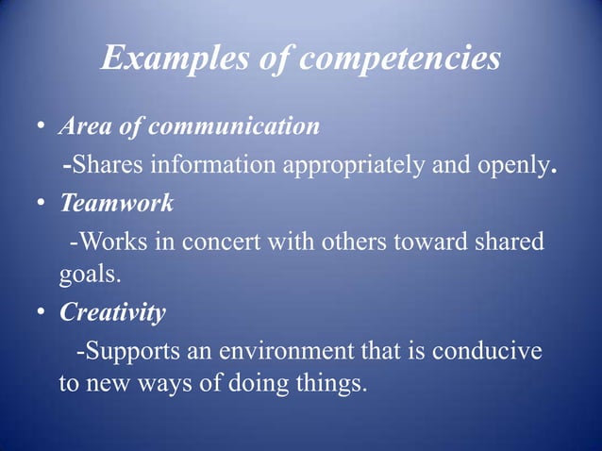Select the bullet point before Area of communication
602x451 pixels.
click(x=42, y=126)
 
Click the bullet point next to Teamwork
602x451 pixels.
click(x=42, y=203)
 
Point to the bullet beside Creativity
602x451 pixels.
click(x=42, y=314)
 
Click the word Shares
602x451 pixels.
click(x=105, y=166)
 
